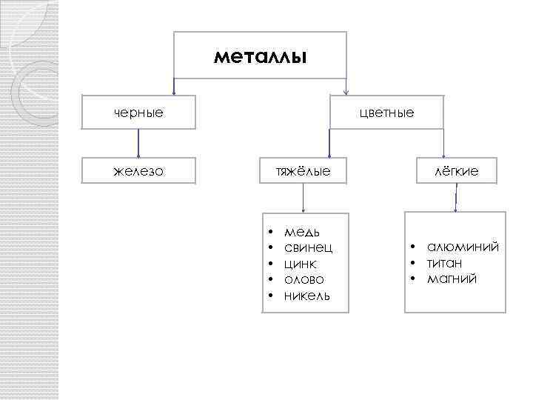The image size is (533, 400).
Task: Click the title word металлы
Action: (259, 56)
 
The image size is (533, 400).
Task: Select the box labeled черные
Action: (139, 113)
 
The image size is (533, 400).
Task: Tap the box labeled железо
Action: (139, 171)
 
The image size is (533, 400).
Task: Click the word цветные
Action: (386, 113)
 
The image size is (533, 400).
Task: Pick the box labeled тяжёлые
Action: (303, 171)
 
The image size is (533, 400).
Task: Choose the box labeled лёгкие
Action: (455, 171)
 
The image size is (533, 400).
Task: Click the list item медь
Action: (302, 233)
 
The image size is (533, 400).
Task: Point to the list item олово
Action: (304, 279)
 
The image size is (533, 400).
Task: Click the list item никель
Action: (307, 296)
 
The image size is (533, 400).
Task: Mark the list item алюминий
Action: (463, 247)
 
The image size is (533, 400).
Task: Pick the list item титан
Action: (445, 263)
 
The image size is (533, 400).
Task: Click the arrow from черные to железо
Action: (139, 142)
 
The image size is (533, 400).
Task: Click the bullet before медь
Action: (272, 233)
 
